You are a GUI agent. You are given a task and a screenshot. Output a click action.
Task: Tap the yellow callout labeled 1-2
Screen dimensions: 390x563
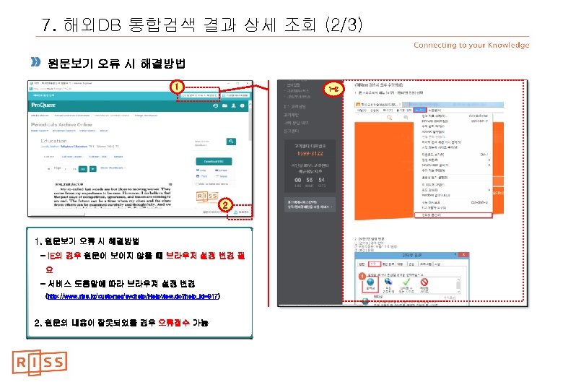click(x=332, y=89)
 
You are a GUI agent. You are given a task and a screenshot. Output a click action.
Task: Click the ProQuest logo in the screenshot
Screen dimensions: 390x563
click(x=47, y=105)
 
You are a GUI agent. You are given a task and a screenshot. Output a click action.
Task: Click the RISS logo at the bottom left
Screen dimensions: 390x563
click(x=39, y=362)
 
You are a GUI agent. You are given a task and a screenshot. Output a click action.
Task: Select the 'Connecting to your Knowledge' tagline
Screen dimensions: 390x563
click(x=471, y=45)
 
